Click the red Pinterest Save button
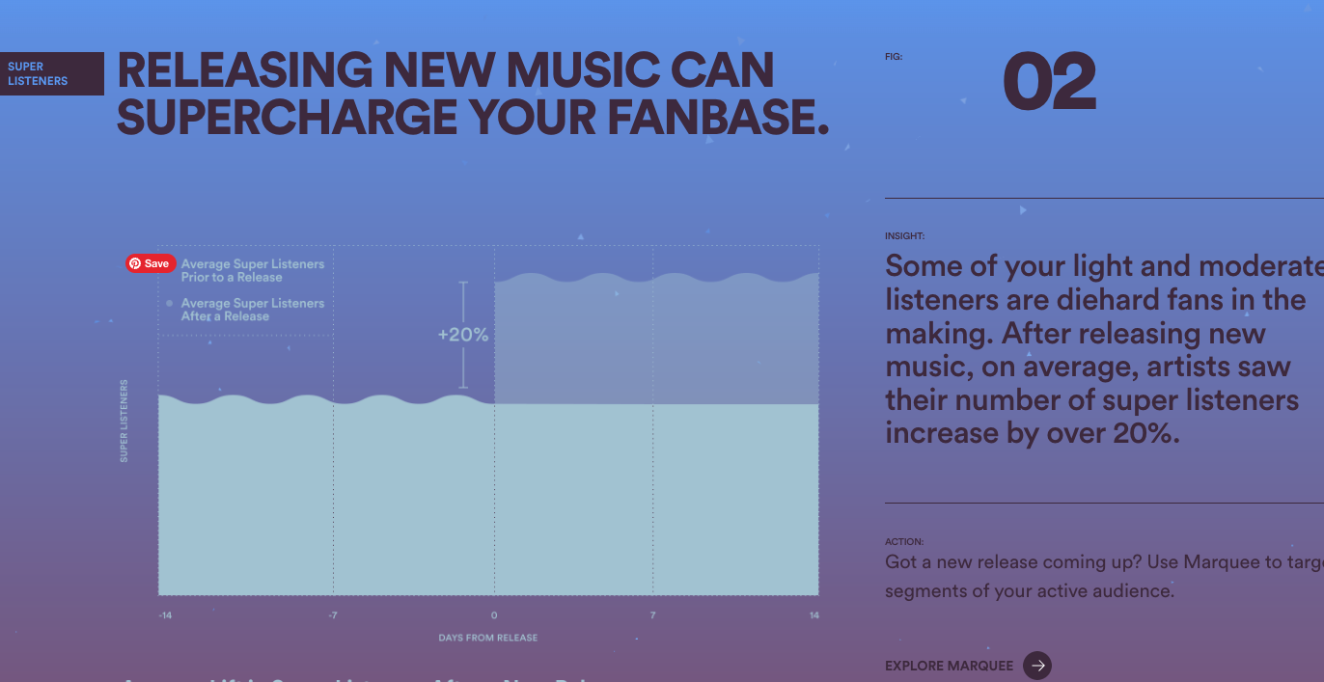tap(151, 263)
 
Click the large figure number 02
tap(1049, 84)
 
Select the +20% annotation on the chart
tap(463, 336)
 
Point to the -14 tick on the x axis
tap(166, 615)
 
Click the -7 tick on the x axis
tap(332, 615)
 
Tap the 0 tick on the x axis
tap(494, 615)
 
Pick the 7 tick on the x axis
tap(653, 615)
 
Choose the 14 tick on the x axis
tap(814, 615)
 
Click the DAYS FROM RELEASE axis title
tap(488, 638)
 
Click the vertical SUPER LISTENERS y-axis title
tap(124, 421)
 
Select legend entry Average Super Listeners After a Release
tap(252, 310)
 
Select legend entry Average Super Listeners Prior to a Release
tap(252, 270)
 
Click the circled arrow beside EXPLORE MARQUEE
tap(1037, 666)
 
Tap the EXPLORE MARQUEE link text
tap(950, 666)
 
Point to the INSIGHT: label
tap(905, 236)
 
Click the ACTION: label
tap(904, 542)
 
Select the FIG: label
tap(894, 57)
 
